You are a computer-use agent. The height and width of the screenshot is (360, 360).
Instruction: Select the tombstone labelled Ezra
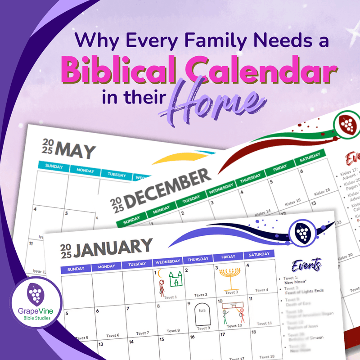[x=202, y=313]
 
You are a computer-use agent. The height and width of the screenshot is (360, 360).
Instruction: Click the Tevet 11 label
[x=264, y=323]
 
